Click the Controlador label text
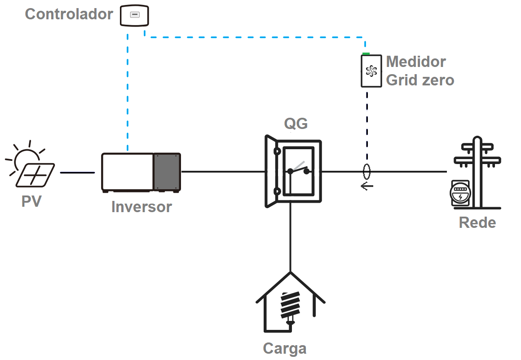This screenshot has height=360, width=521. point(69,14)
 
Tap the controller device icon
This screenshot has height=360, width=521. point(134,15)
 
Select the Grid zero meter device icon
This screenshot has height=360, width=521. point(371,71)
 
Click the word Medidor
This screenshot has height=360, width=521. point(416,62)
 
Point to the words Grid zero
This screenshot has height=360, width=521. point(420,80)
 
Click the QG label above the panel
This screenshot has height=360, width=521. point(296,123)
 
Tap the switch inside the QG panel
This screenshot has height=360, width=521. point(299,169)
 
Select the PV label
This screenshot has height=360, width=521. point(31,201)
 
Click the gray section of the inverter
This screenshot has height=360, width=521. point(167,172)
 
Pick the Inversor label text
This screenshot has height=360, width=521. point(141,207)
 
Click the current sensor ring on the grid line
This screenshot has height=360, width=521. point(367,171)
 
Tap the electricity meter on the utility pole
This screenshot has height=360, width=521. point(460,195)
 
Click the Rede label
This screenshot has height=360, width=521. point(477,222)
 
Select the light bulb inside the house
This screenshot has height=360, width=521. point(290,307)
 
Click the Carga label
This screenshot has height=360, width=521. point(284,349)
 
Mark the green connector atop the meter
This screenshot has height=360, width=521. point(366,53)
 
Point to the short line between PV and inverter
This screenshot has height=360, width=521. point(77,172)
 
